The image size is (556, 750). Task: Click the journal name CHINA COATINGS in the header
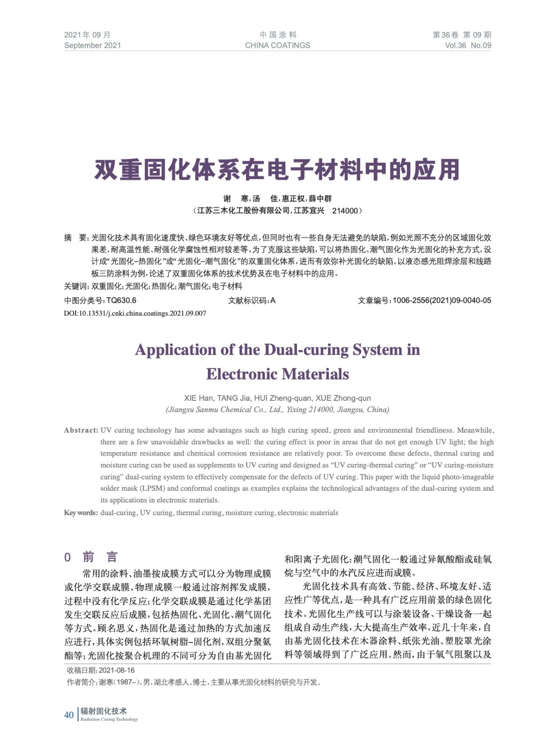click(277, 45)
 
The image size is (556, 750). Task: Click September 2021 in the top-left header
click(92, 45)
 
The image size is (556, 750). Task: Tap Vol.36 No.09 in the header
click(467, 45)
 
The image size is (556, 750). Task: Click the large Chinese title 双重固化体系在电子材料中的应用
click(277, 170)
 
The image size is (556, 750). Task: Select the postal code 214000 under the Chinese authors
click(345, 211)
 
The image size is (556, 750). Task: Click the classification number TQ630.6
click(121, 300)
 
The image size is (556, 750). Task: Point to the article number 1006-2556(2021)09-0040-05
click(442, 300)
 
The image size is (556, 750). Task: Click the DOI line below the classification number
click(135, 313)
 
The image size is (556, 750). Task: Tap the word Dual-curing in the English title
click(306, 350)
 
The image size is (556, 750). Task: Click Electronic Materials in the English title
click(277, 374)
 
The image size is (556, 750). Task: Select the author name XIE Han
click(198, 398)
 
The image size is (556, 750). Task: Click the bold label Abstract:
click(81, 430)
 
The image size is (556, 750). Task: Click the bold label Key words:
click(81, 513)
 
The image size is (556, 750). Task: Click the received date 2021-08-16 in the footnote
click(117, 670)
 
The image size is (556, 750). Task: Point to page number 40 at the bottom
click(69, 715)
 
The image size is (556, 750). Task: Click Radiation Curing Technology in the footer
click(109, 720)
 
